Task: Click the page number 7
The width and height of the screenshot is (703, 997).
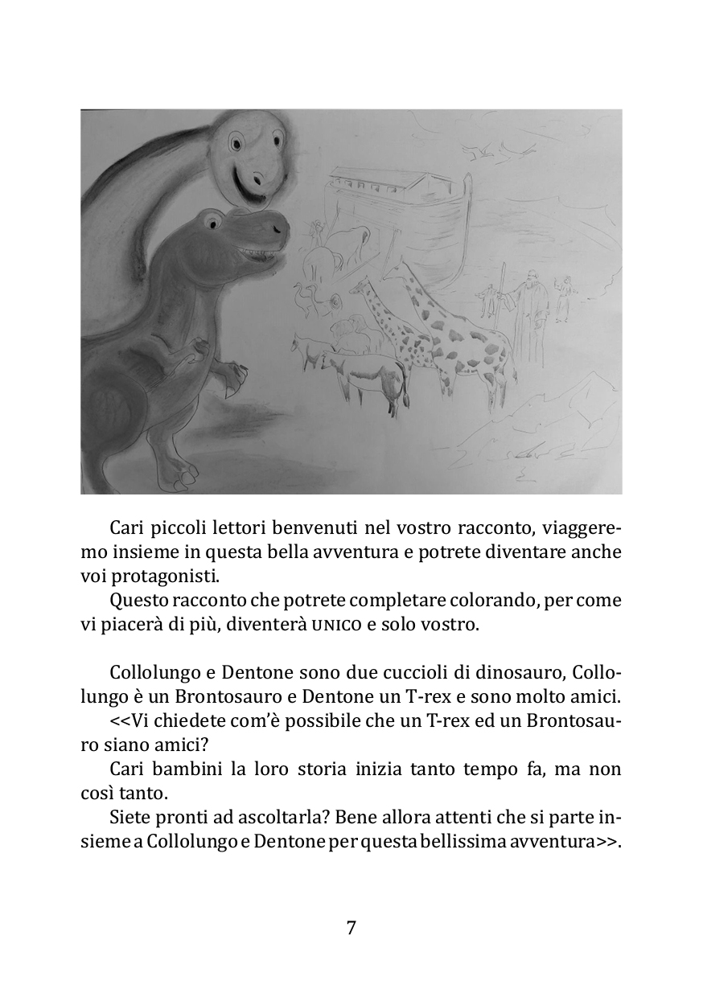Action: point(351,927)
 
